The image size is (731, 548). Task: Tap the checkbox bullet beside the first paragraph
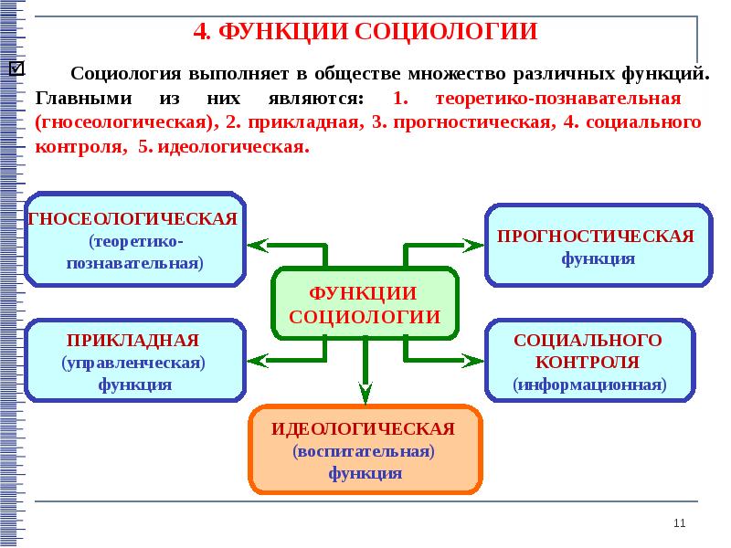click(x=16, y=69)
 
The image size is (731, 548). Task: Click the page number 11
click(x=678, y=522)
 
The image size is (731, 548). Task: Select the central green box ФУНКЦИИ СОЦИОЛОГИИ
click(x=365, y=305)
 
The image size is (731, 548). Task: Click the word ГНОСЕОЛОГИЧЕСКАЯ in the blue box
click(x=134, y=219)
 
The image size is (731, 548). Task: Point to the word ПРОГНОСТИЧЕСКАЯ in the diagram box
click(x=596, y=236)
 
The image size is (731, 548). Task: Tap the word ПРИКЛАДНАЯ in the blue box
click(x=133, y=340)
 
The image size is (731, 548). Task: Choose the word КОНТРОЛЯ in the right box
click(x=588, y=362)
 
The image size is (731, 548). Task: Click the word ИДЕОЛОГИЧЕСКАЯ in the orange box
click(x=363, y=428)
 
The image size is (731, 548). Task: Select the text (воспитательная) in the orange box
click(x=364, y=451)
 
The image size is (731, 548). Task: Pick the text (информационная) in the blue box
click(x=588, y=385)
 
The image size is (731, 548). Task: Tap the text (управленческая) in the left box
click(x=133, y=363)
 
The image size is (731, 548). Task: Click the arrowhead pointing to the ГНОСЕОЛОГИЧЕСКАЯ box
click(x=257, y=245)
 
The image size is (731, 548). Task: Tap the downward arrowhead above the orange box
click(x=365, y=394)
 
